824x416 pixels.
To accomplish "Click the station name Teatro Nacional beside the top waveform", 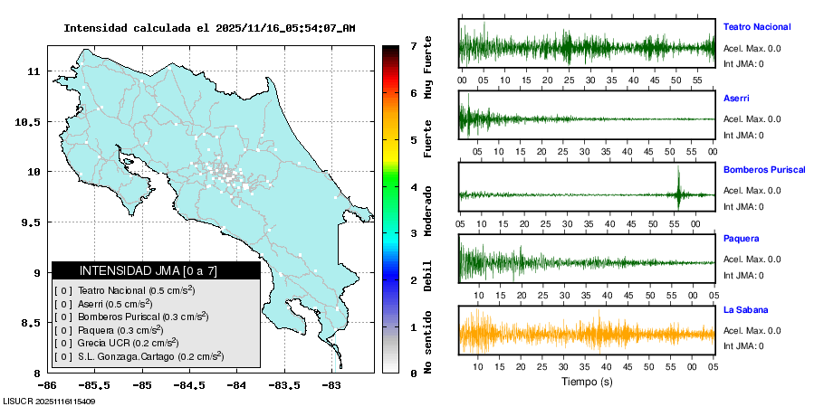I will click(x=756, y=27).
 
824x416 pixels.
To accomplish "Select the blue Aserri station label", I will click(x=736, y=98).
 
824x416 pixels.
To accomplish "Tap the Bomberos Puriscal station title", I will click(x=764, y=169).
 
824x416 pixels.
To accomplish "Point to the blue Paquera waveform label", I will click(x=741, y=239).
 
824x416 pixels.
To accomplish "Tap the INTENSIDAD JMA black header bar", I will click(x=156, y=270).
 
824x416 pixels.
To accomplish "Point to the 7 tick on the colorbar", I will click(x=413, y=45).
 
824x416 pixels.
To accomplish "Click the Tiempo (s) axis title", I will click(x=587, y=382).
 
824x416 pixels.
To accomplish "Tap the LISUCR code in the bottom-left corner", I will click(x=49, y=401).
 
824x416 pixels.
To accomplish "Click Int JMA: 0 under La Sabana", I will click(x=743, y=346).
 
